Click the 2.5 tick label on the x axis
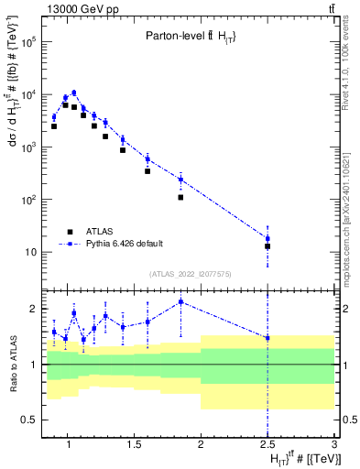tap(267, 448)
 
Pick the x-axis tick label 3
tap(334, 448)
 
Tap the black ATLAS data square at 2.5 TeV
tap(267, 246)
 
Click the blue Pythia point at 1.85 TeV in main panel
tap(181, 179)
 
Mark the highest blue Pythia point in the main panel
tap(74, 93)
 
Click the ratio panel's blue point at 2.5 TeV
tap(267, 338)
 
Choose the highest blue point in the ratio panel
tap(181, 301)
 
